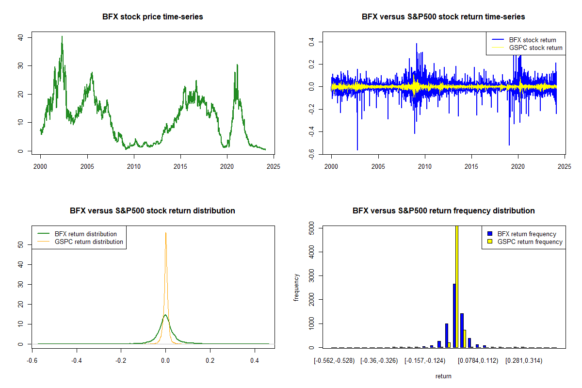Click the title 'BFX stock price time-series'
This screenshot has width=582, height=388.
(x=153, y=17)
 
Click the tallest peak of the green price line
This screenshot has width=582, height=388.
(x=62, y=37)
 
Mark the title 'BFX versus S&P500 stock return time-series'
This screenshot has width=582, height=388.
(x=443, y=17)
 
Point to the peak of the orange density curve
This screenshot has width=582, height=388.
(x=166, y=233)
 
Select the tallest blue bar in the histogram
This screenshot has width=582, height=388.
(x=454, y=315)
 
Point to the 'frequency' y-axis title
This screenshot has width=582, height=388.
(x=296, y=287)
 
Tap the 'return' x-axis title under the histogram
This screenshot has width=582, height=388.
(x=443, y=376)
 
